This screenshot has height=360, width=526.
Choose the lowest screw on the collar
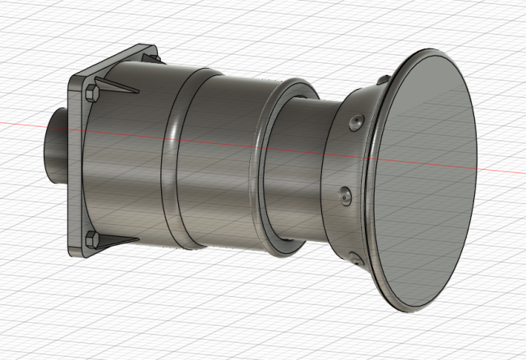(354, 259)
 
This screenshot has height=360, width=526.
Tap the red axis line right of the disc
(502, 175)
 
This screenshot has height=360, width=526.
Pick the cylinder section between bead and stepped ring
(218, 162)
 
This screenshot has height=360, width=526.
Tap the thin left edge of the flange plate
(72, 162)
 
